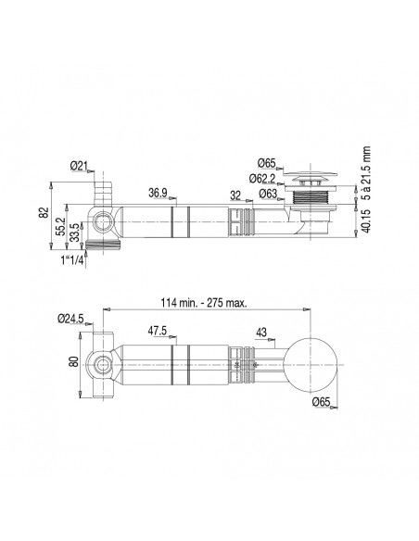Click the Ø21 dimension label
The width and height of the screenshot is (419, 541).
(78, 166)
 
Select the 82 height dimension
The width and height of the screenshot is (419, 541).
(44, 212)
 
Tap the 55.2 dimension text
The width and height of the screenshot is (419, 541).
(61, 226)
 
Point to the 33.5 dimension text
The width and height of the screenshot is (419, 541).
(74, 233)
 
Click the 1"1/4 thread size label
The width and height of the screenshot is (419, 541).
(72, 259)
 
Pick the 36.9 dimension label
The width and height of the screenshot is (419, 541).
(159, 193)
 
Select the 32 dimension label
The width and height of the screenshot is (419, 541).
(235, 195)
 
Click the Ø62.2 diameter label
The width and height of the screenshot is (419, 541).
(262, 179)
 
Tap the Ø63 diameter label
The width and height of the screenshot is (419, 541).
(268, 194)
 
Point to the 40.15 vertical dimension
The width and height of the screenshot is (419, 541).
(366, 220)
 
